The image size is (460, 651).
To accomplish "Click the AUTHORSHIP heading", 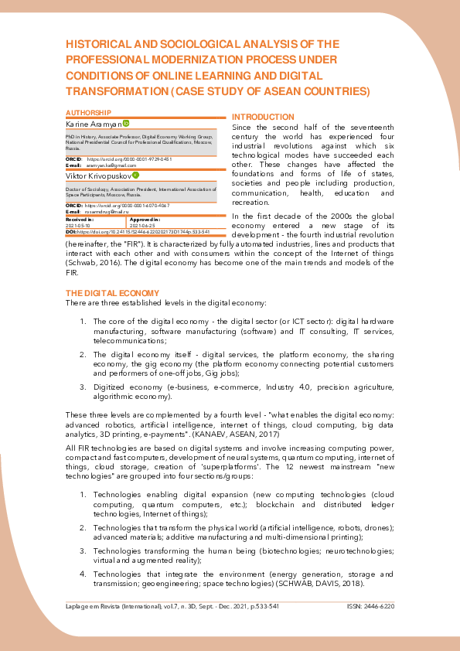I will (x=89, y=113).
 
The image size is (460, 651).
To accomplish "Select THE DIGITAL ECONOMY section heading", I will (x=112, y=293).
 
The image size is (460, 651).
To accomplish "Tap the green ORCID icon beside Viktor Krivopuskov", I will (x=135, y=175).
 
